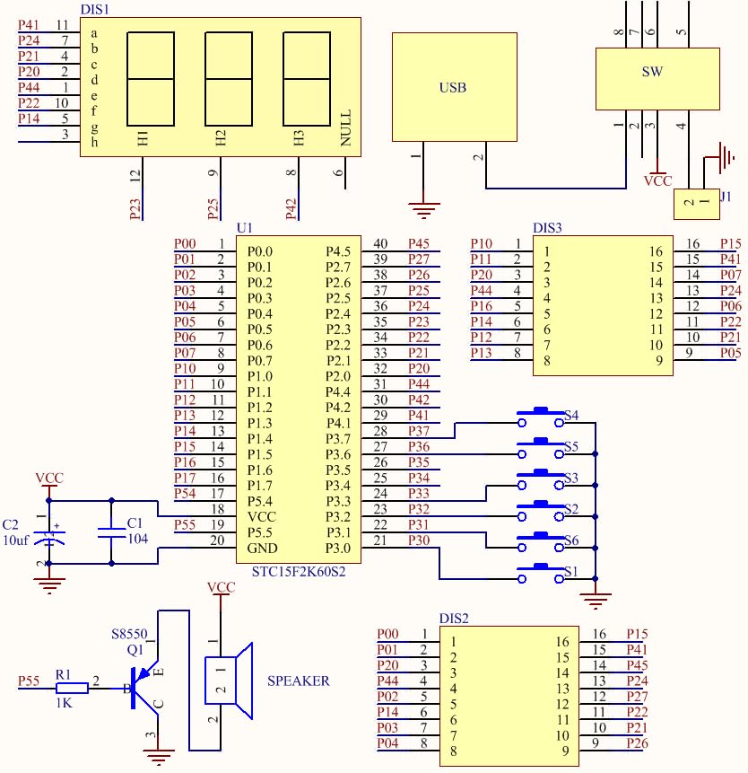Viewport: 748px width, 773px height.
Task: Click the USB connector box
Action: (x=455, y=87)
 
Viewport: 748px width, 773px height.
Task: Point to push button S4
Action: (x=542, y=416)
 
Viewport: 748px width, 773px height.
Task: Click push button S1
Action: (x=542, y=571)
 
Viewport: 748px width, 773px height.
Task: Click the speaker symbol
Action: (x=229, y=682)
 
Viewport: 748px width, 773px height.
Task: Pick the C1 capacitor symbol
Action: (x=111, y=531)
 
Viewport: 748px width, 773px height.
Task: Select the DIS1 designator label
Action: (x=95, y=8)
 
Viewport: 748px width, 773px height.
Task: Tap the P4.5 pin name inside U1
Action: (x=339, y=251)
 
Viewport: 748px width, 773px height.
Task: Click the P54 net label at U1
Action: (x=186, y=494)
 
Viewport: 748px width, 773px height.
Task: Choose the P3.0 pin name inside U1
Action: (x=339, y=548)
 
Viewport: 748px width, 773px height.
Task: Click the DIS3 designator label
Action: (x=547, y=228)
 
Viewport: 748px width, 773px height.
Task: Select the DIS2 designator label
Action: (x=454, y=619)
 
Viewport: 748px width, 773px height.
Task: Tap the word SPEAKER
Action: (x=299, y=681)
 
